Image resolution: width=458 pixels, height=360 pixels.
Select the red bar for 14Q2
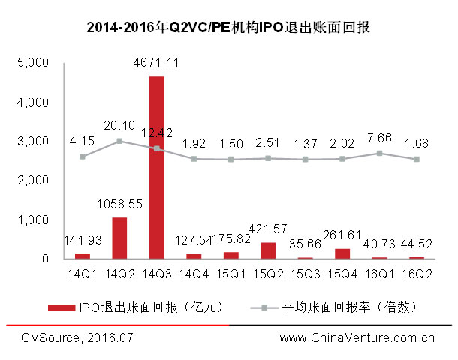(119, 238)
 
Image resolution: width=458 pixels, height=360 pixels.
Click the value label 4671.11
(157, 63)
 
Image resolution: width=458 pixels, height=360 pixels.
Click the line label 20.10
(119, 125)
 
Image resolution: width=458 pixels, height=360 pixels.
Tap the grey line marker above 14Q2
(119, 140)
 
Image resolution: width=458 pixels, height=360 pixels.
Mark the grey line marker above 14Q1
(83, 157)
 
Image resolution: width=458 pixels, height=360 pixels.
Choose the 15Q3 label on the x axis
(304, 273)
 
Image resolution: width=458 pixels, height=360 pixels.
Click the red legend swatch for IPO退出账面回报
(61, 307)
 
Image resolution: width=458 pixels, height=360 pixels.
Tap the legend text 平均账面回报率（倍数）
(349, 307)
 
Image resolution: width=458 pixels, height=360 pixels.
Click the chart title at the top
(229, 29)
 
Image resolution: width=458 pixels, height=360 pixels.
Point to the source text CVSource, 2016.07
(77, 338)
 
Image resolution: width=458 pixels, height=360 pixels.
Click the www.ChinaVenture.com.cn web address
(357, 338)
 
